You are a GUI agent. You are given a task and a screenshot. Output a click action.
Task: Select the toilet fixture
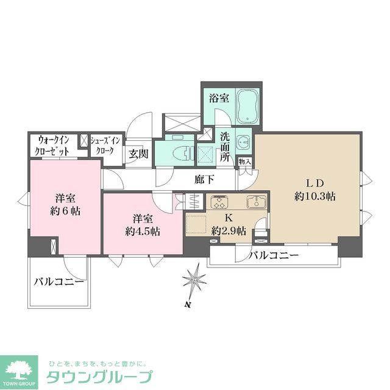coord(178,151)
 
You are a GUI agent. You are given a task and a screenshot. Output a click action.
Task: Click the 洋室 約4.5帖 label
coord(143,225)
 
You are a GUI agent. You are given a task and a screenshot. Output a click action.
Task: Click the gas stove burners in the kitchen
coord(219,201)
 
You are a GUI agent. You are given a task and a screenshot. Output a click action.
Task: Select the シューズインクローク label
coord(106,145)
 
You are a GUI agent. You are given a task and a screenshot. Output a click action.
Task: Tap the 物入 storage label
coord(244,162)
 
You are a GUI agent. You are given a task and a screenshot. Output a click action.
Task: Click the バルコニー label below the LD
coord(273,255)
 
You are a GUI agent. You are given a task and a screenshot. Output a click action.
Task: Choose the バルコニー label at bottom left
coord(58,282)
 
